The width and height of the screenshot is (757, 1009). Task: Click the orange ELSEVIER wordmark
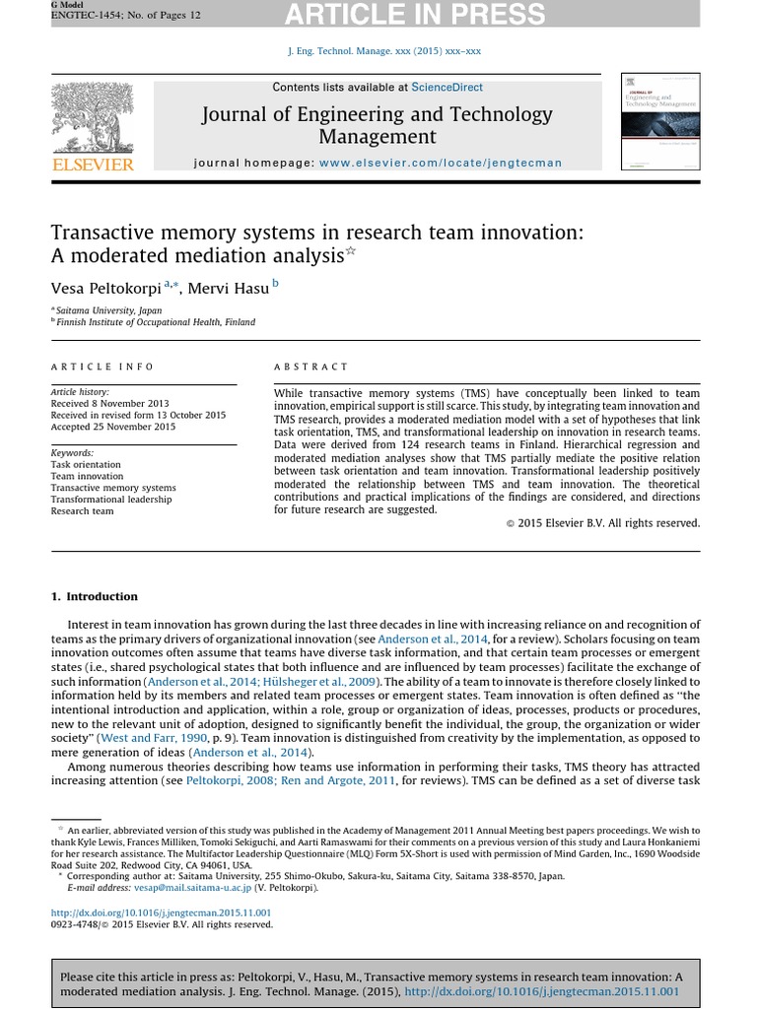tap(92, 165)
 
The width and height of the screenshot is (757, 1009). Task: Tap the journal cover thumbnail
tap(660, 121)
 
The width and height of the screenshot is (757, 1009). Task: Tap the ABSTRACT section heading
tap(310, 367)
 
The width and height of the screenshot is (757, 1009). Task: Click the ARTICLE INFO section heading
tap(103, 367)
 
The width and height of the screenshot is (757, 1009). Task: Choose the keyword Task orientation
tap(86, 464)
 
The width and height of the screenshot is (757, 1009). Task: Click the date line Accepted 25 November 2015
tap(113, 427)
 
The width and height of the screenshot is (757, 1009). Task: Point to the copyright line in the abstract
tap(602, 523)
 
